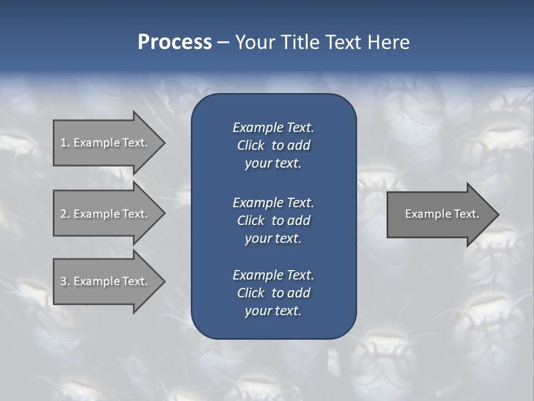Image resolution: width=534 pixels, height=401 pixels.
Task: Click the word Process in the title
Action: click(175, 42)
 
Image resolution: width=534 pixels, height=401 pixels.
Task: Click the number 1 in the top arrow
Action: click(63, 143)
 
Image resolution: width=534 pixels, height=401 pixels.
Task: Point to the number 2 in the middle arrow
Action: click(63, 214)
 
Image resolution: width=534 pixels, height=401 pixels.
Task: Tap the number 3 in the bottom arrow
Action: click(63, 281)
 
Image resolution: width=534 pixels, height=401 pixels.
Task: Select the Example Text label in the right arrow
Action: click(442, 214)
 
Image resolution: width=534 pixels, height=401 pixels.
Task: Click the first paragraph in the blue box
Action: click(273, 145)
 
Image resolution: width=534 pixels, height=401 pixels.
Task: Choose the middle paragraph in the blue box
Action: click(273, 221)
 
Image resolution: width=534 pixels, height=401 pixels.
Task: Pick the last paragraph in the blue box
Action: click(273, 293)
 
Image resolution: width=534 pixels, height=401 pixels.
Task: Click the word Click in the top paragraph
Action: click(250, 145)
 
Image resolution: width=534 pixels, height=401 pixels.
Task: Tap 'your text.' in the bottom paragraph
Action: click(273, 311)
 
